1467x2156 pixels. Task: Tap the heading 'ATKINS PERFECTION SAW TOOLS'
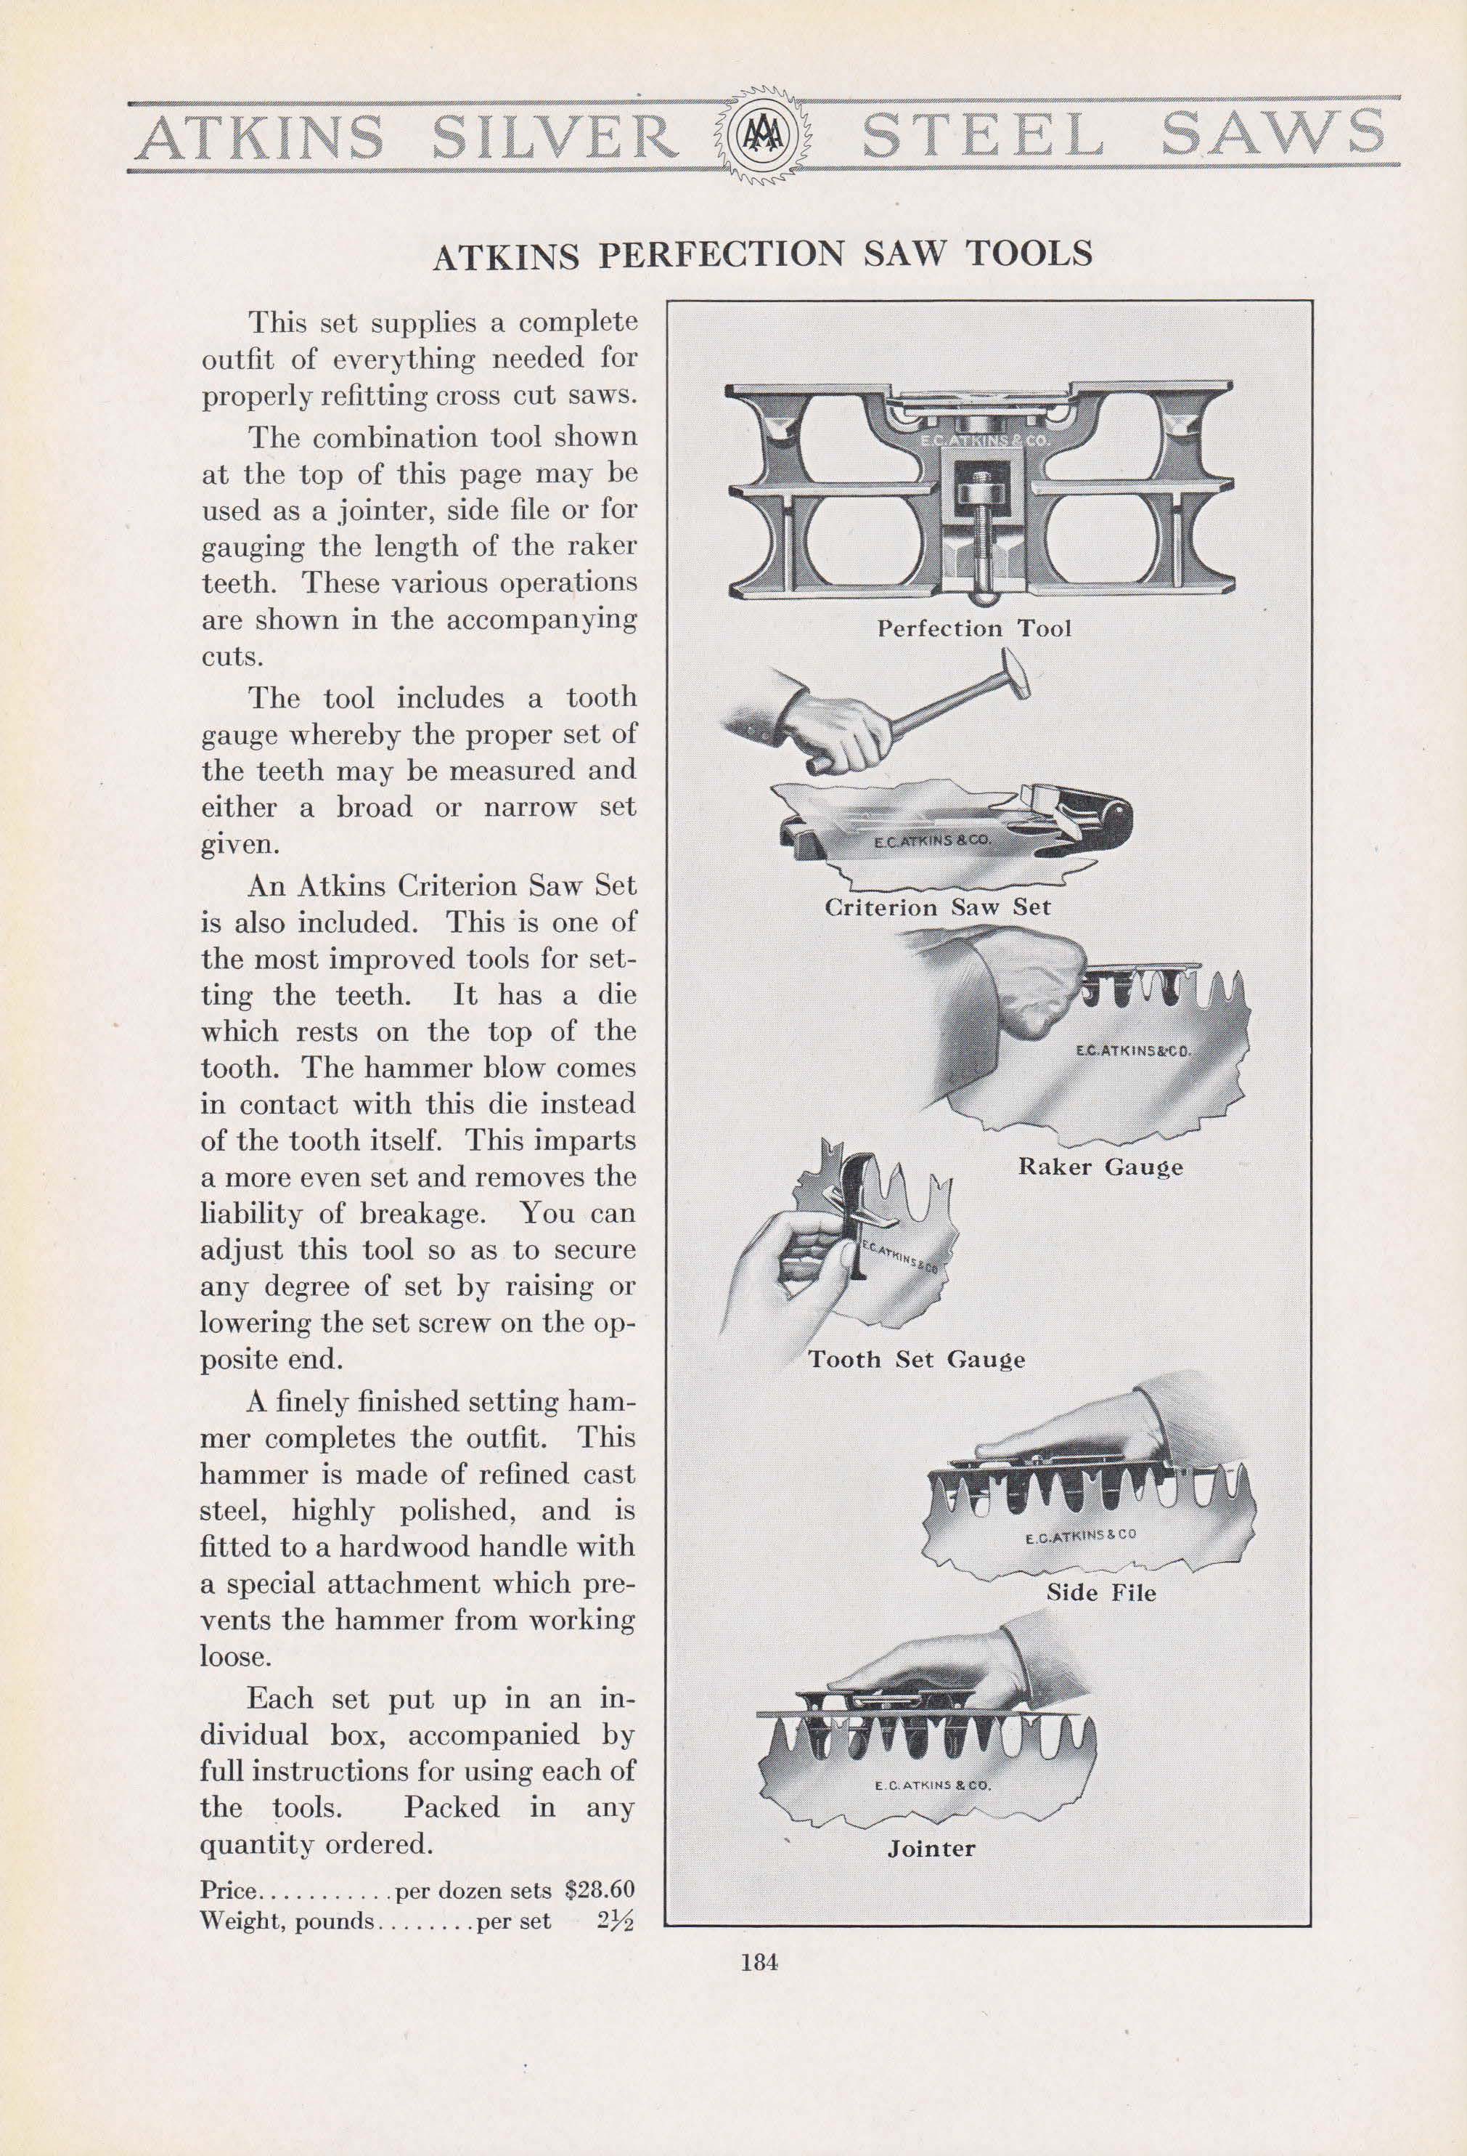(762, 254)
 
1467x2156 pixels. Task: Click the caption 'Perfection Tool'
(973, 628)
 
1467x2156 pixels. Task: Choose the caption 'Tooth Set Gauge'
(916, 1360)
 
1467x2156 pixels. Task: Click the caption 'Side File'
(1100, 1593)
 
